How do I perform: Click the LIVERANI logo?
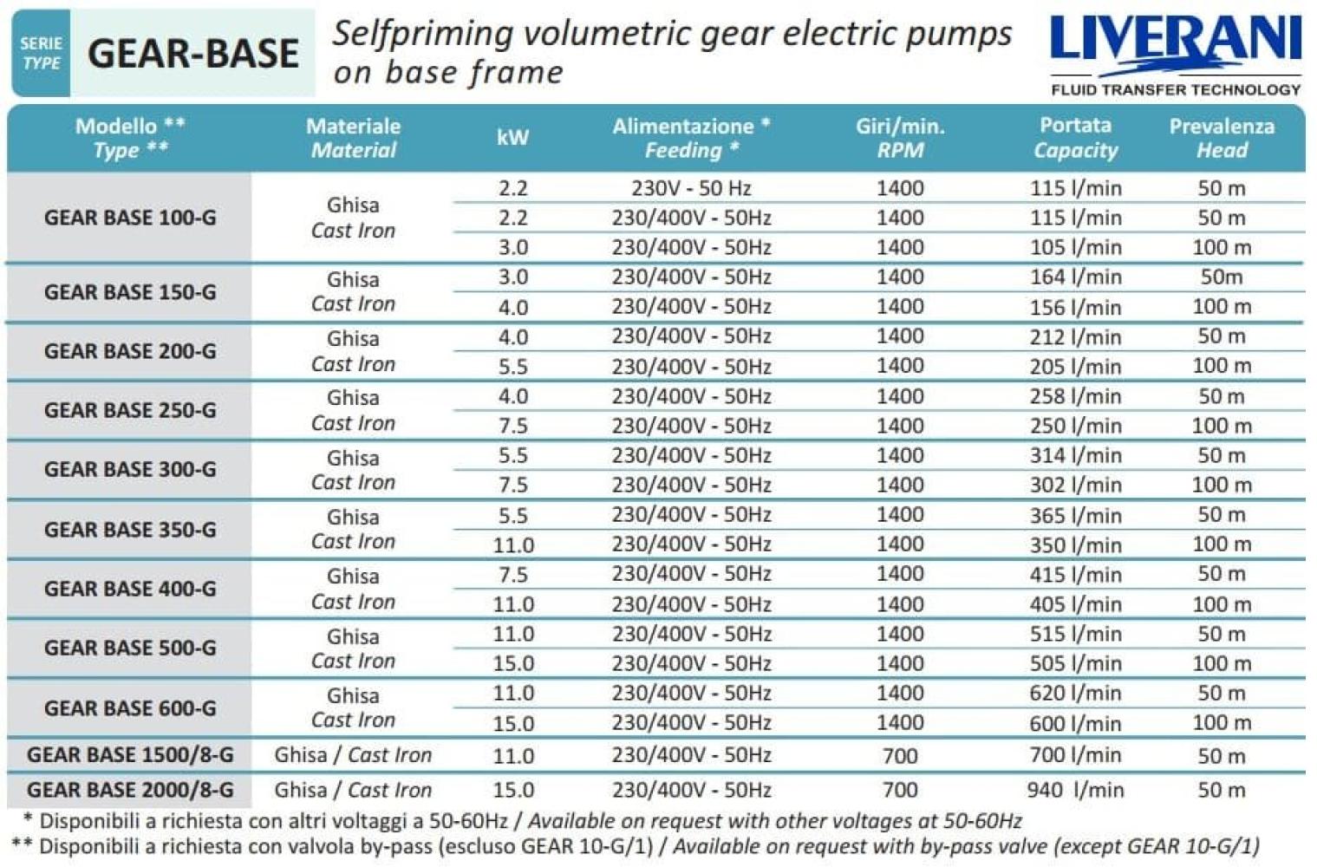(x=1175, y=43)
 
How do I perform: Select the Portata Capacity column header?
(x=1075, y=138)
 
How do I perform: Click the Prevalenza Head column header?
(x=1221, y=138)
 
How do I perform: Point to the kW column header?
(x=512, y=138)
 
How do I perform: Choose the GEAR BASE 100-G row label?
(x=130, y=218)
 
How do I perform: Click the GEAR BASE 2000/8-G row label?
(x=130, y=790)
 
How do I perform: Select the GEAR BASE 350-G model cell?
(x=130, y=530)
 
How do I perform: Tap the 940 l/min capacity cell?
(x=1075, y=790)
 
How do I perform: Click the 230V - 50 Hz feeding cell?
(x=690, y=188)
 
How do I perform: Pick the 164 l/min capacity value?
(x=1075, y=277)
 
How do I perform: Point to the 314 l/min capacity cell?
(x=1075, y=456)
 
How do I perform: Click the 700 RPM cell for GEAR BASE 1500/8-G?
(x=899, y=756)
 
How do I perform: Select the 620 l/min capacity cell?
(x=1075, y=694)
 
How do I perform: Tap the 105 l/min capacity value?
(x=1075, y=248)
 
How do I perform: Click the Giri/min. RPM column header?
(x=899, y=138)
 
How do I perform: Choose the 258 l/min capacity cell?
(x=1075, y=397)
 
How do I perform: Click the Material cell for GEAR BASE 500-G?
(x=353, y=649)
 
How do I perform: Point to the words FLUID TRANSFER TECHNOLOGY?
(x=1175, y=89)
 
